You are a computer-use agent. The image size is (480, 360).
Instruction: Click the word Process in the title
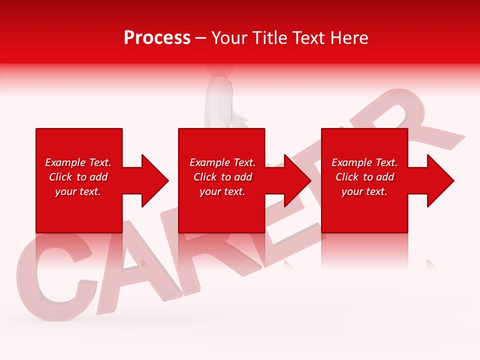(x=157, y=37)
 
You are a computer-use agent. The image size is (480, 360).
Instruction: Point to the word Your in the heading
(x=230, y=37)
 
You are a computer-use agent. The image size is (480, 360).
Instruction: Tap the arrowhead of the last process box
(x=439, y=180)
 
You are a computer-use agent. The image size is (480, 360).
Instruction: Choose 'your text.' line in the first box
(x=78, y=191)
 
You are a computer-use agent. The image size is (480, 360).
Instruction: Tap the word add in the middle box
(x=243, y=177)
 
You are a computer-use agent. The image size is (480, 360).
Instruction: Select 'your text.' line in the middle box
(x=222, y=191)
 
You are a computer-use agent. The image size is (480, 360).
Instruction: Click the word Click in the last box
(x=347, y=177)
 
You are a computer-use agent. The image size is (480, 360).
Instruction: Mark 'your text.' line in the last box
(x=364, y=191)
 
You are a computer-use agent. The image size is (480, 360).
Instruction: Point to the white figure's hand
(x=240, y=121)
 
